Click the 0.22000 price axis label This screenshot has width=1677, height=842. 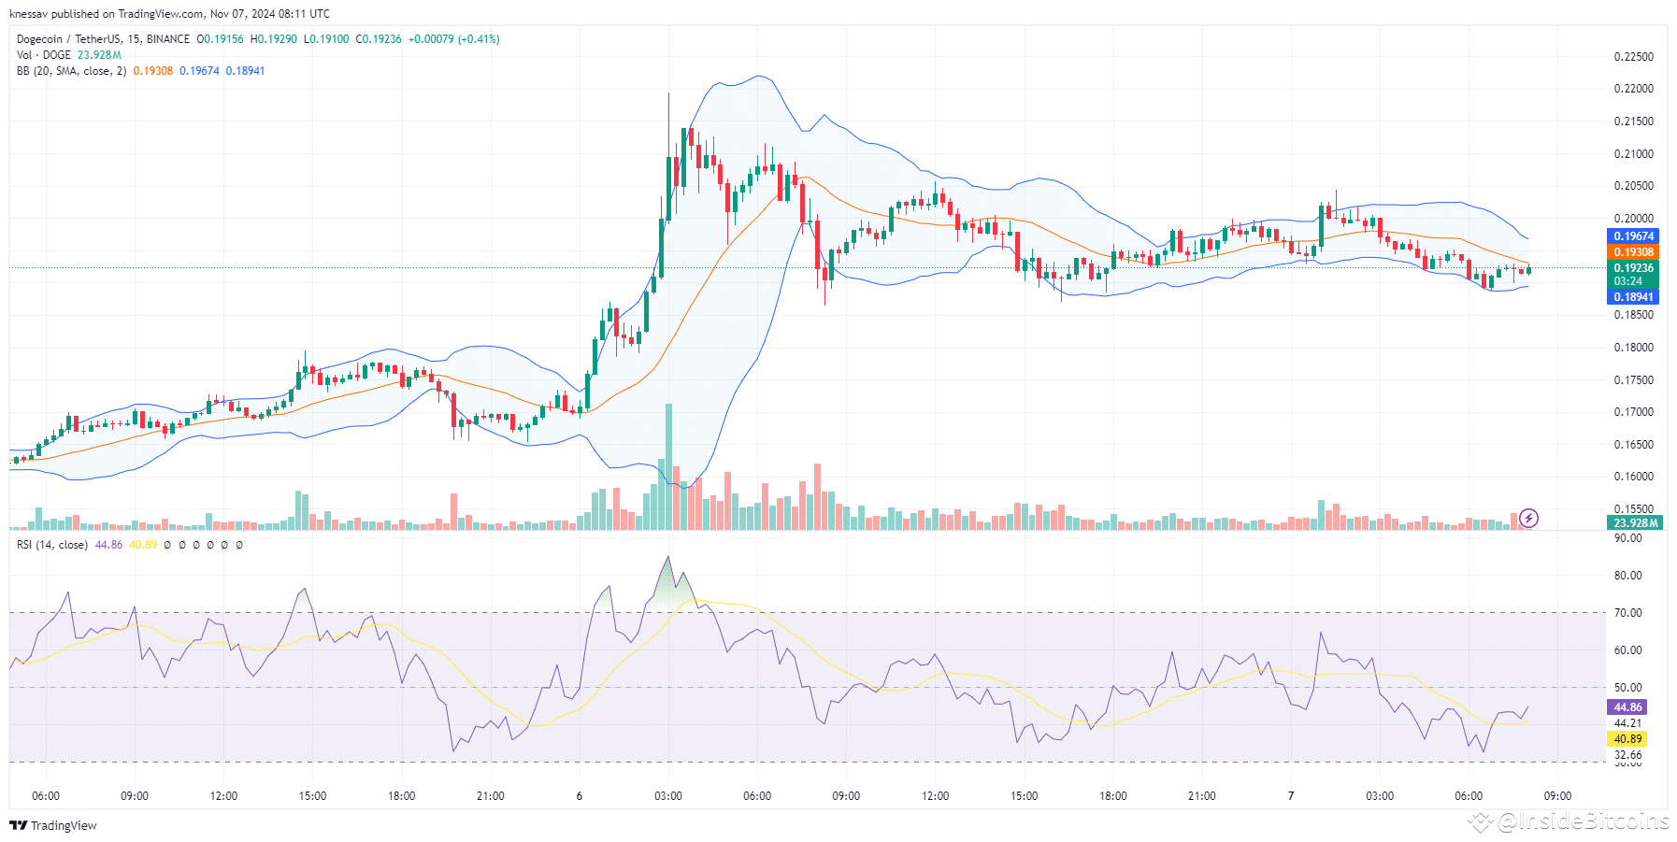tap(1633, 89)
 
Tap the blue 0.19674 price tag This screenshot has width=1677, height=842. tap(1633, 236)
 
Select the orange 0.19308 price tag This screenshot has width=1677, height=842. tap(1633, 252)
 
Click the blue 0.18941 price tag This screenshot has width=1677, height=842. tap(1633, 297)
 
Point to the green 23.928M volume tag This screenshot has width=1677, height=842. tap(1635, 523)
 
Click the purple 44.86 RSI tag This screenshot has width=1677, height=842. tap(1627, 707)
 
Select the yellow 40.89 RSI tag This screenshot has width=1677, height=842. tap(1627, 739)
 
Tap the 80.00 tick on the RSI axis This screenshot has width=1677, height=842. tap(1627, 576)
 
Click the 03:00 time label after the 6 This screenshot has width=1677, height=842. tap(667, 796)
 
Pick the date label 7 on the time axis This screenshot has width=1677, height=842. tap(1290, 796)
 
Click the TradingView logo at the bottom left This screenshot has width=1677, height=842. tap(53, 825)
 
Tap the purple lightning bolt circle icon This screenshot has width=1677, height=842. tap(1529, 518)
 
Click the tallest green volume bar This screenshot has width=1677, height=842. tap(668, 467)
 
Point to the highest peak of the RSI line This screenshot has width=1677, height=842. tap(667, 558)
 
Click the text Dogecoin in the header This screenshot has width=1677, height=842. tap(39, 39)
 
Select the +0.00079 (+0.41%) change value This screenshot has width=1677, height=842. tap(453, 39)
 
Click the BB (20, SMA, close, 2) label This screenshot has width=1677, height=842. tap(71, 71)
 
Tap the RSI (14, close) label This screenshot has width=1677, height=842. tap(52, 545)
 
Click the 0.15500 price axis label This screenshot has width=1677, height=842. tap(1633, 509)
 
